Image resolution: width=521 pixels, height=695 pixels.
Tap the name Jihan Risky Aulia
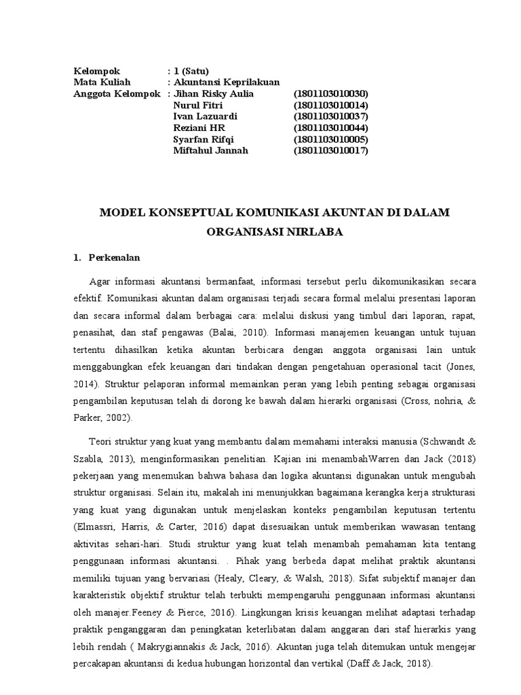click(214, 94)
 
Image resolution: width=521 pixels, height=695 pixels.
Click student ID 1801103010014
click(330, 105)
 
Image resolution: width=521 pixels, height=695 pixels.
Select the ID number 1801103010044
click(330, 128)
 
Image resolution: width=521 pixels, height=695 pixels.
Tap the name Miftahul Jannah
click(211, 151)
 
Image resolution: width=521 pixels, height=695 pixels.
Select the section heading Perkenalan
click(114, 258)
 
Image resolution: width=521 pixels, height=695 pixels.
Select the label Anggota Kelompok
click(116, 94)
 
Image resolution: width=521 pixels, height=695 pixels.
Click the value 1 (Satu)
click(191, 71)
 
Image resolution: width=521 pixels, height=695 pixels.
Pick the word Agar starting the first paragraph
click(99, 282)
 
